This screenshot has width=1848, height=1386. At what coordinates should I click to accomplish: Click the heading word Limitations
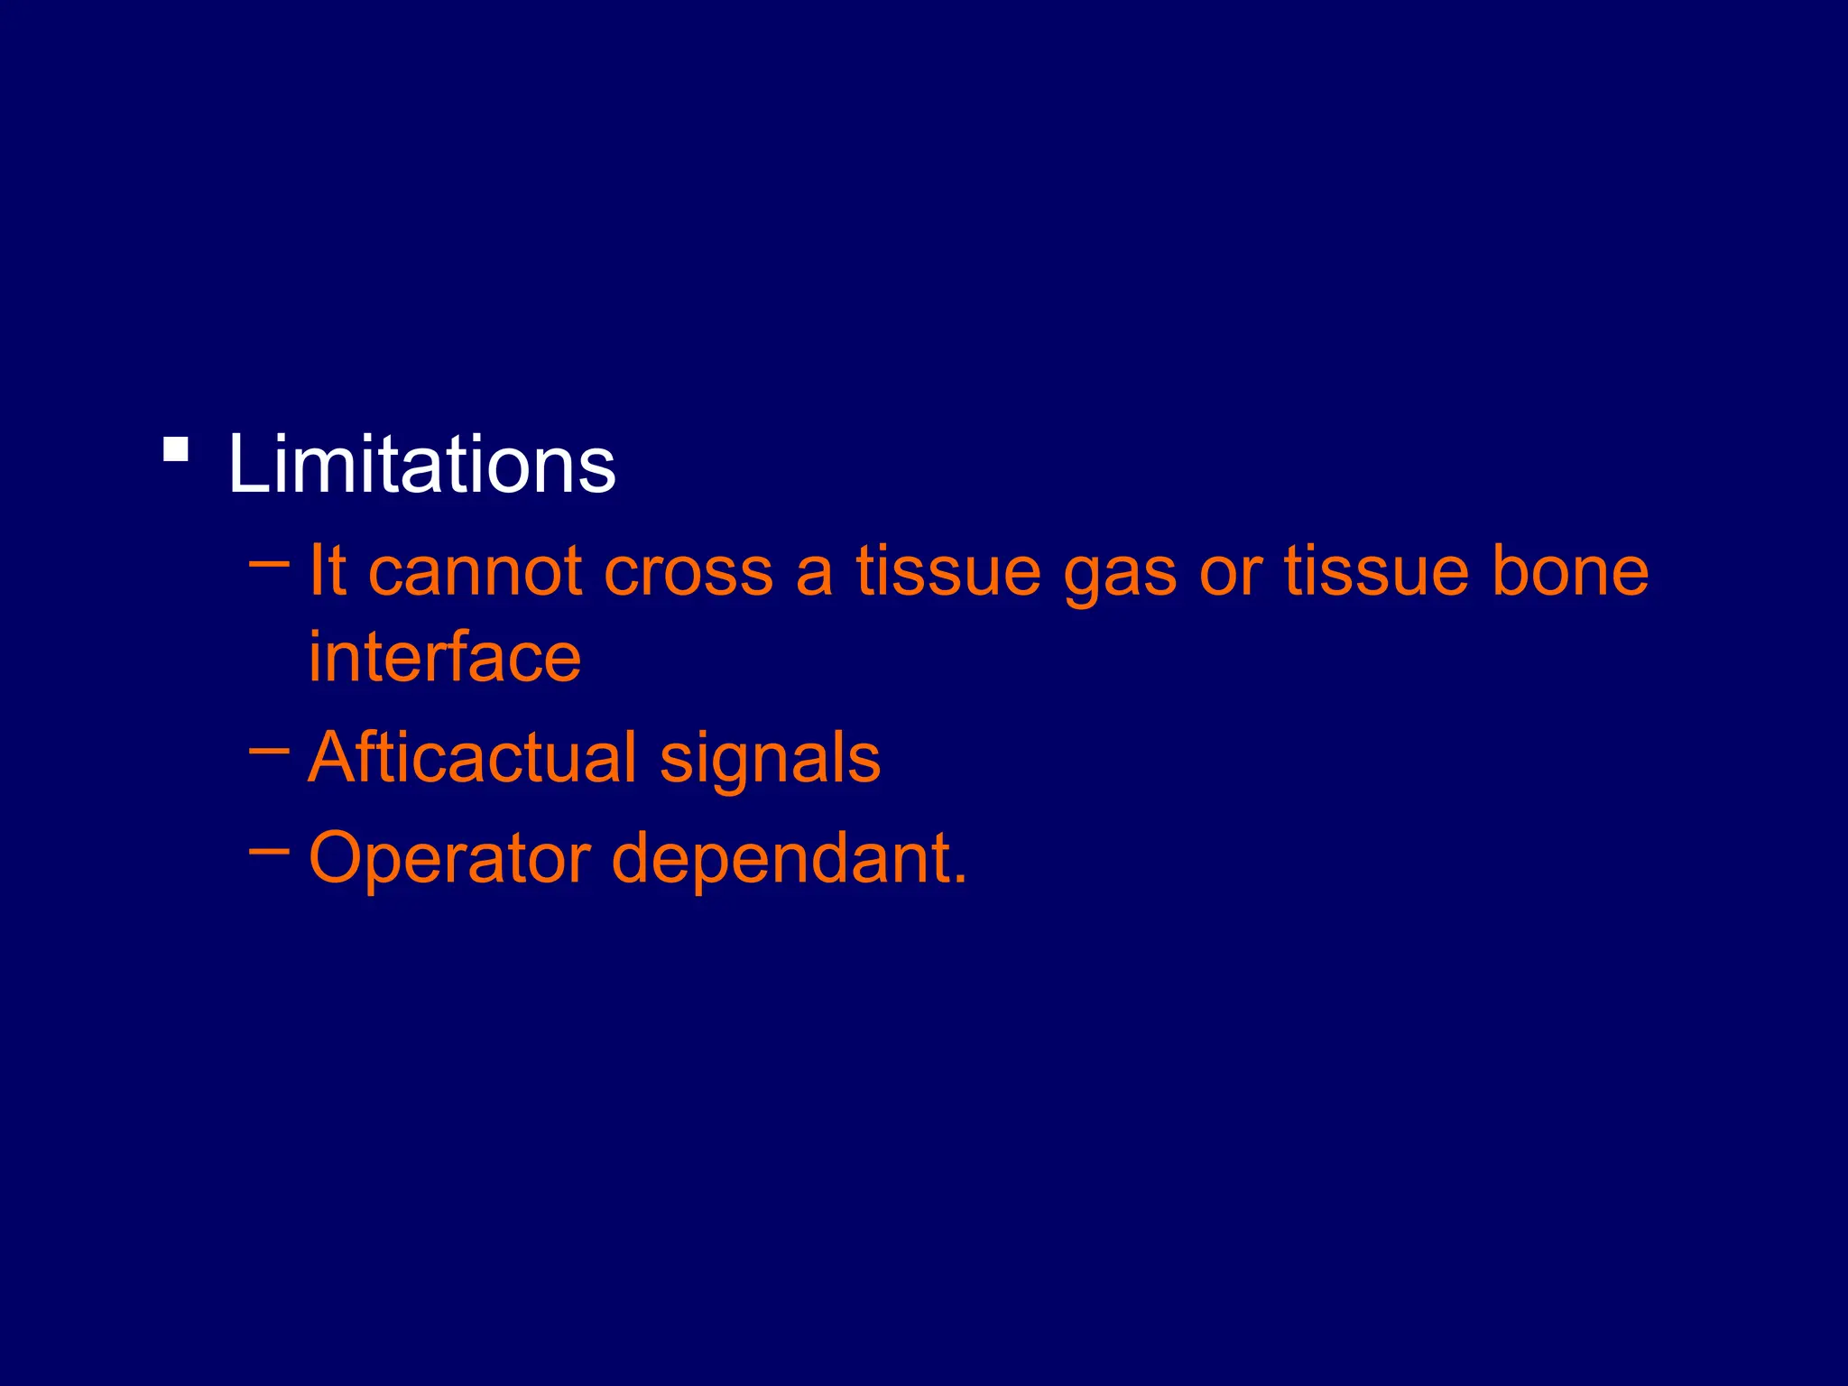tap(421, 464)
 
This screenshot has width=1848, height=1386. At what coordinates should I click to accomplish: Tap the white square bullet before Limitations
tap(176, 449)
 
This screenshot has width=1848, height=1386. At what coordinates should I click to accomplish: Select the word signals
tap(770, 760)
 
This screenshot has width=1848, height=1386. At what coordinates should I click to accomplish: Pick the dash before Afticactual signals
tap(269, 749)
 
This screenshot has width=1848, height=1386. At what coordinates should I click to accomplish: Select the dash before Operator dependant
tap(269, 849)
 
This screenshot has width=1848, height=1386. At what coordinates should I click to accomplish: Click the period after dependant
tap(959, 879)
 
